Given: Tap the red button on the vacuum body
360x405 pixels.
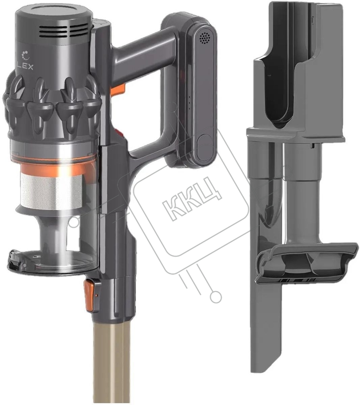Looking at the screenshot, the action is click(x=121, y=133).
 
